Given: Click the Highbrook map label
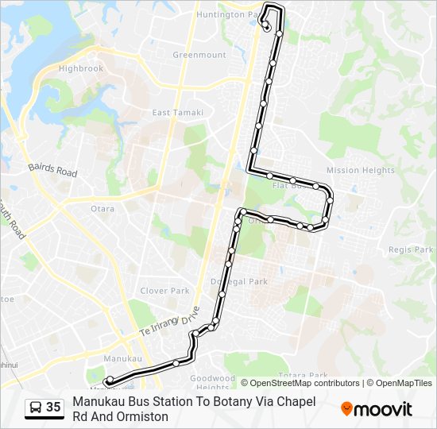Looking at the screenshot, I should click(x=81, y=68).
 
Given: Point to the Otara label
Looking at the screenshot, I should click(x=102, y=209).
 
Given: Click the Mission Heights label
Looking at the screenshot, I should click(x=360, y=170).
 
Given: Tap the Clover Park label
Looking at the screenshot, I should click(x=164, y=291).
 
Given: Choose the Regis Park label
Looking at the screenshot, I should click(x=411, y=249).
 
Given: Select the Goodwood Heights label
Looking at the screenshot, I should click(x=213, y=383).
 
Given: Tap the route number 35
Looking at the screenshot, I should click(x=53, y=408).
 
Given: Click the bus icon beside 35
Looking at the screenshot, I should click(x=36, y=408).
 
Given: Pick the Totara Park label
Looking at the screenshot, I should click(x=304, y=375).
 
